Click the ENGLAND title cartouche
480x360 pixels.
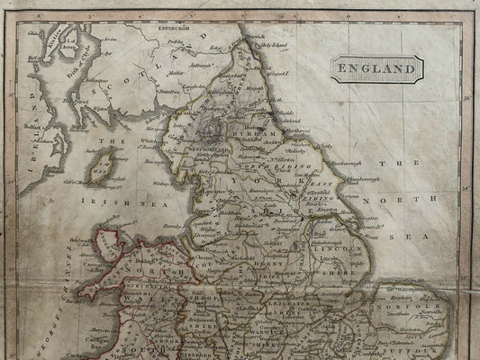click(x=377, y=67)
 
